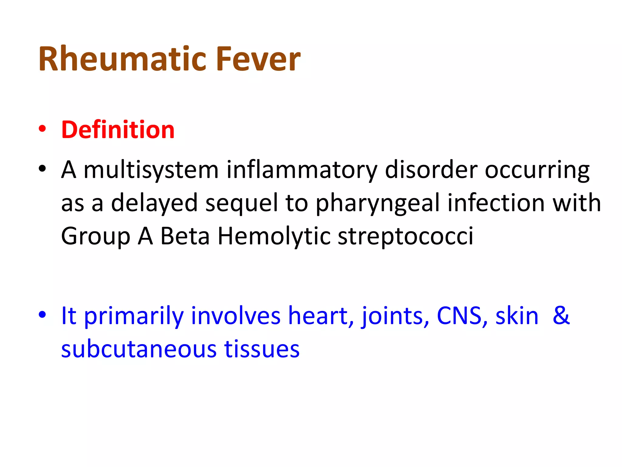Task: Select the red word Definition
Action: coord(118,130)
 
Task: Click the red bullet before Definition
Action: coord(42,129)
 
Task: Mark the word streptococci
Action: coord(405,237)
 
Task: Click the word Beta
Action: coord(185,236)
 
